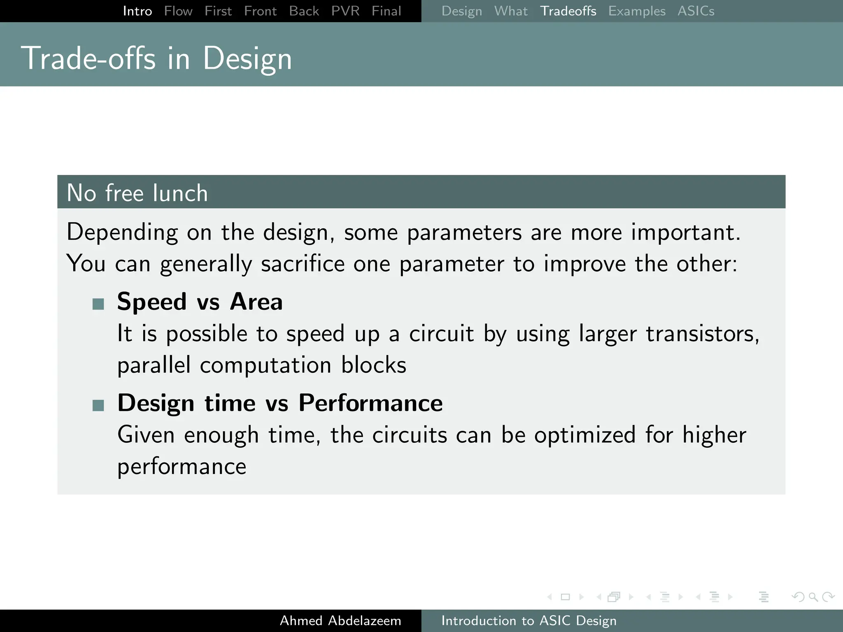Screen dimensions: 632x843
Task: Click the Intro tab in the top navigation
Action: coord(137,11)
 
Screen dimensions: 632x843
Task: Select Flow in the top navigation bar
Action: coord(178,11)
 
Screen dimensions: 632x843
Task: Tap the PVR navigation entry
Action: coord(345,11)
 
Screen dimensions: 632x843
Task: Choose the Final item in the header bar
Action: coord(386,11)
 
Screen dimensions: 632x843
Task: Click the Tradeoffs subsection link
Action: coord(568,11)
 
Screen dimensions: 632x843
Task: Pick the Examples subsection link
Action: coord(637,11)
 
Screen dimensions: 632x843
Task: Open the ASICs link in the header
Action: coord(696,11)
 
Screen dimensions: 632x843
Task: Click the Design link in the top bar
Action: coord(461,11)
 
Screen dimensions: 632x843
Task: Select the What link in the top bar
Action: coord(511,11)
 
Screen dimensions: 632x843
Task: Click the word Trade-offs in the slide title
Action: coord(88,58)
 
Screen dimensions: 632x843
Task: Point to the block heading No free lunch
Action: coord(137,193)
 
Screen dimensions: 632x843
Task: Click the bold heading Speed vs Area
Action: coord(200,301)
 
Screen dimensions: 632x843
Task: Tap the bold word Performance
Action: coord(370,402)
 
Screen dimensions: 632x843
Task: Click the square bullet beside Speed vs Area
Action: coord(98,304)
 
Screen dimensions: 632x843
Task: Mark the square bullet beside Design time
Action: coord(98,405)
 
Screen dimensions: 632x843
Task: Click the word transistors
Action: coord(702,333)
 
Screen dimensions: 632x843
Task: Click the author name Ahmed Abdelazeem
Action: coord(340,620)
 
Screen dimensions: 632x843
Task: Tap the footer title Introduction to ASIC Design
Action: coord(529,620)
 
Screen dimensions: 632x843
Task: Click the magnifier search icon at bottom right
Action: coord(813,597)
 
